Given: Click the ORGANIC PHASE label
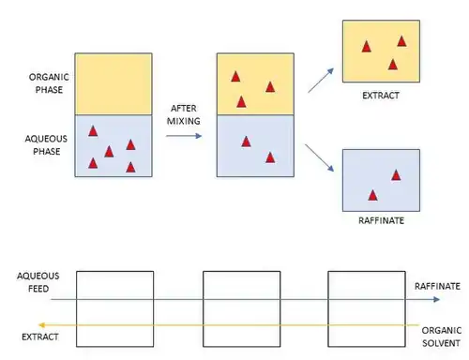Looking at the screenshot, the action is [x=49, y=83].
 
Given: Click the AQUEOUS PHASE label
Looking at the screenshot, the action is [x=46, y=145].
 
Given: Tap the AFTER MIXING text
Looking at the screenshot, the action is [x=184, y=114].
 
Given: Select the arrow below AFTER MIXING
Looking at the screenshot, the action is [x=184, y=136].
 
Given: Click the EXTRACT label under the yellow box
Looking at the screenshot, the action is [x=381, y=96].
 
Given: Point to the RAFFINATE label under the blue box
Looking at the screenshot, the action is [x=381, y=220].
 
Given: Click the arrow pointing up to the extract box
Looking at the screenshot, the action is [x=321, y=81].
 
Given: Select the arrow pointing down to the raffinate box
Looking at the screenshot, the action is [x=320, y=157].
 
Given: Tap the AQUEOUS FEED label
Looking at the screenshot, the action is [x=38, y=282].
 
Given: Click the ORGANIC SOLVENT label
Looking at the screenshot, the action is [x=441, y=337].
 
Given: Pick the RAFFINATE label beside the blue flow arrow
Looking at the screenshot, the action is [x=437, y=286].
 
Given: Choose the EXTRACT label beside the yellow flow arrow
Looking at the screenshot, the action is [x=40, y=337].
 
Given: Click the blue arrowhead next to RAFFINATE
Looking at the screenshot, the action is [x=436, y=299].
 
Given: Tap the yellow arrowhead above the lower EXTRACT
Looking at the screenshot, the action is [x=41, y=325].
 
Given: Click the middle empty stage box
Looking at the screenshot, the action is [x=242, y=308].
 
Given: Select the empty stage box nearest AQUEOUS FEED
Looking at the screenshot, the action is [x=114, y=308].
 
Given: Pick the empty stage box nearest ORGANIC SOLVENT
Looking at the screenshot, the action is [x=367, y=308].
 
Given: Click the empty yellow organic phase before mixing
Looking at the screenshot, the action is [x=113, y=83].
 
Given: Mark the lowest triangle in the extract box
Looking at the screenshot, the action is [x=393, y=65].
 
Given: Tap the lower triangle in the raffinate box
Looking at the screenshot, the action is [x=372, y=195].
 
